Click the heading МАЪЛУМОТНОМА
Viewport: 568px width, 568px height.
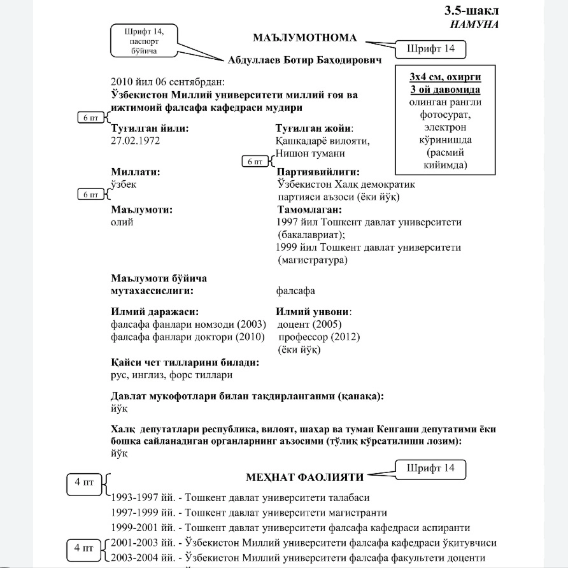(304, 38)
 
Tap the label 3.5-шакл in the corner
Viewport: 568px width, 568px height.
(471, 11)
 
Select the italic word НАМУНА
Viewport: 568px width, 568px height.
(474, 24)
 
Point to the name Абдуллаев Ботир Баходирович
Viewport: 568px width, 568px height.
(304, 60)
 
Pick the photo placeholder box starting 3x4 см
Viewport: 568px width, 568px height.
(444, 120)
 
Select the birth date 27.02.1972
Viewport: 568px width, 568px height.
(136, 140)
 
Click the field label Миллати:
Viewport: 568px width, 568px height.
(135, 172)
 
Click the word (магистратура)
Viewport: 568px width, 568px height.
(313, 260)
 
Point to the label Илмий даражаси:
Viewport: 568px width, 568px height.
(155, 312)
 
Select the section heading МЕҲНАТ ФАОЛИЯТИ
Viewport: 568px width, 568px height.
(304, 477)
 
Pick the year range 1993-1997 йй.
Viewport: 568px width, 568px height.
(138, 497)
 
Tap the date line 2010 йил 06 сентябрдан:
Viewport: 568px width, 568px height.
(164, 82)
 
